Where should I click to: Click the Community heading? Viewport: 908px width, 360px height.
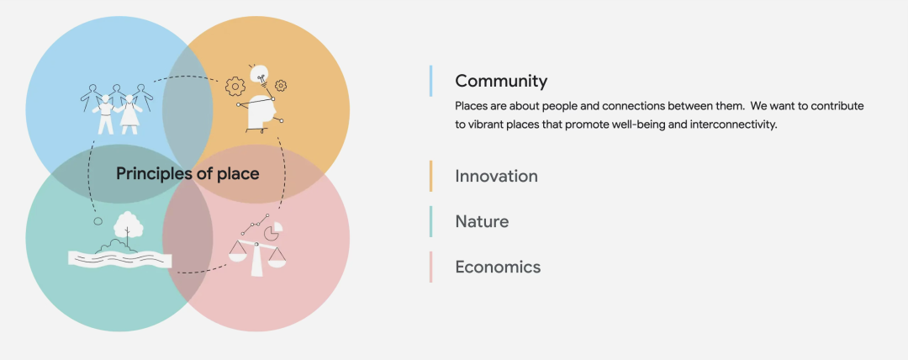(501, 81)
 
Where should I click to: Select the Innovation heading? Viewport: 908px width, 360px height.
(496, 176)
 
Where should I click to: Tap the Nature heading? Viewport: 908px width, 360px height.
(482, 221)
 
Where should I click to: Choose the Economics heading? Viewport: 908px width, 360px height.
(498, 267)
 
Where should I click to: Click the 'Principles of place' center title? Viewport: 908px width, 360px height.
(187, 173)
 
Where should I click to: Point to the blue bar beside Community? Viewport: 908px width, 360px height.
(430, 81)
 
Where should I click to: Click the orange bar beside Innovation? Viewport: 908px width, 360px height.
(430, 176)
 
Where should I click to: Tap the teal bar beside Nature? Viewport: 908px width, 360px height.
(430, 221)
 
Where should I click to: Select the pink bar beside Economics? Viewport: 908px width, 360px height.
(430, 267)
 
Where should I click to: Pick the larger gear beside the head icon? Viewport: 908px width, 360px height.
(235, 87)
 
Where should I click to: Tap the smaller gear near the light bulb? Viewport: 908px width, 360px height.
(281, 86)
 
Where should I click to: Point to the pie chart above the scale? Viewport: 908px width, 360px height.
(273, 230)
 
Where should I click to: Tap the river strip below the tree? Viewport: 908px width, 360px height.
(120, 258)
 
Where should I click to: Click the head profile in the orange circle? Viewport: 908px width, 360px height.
(260, 111)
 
